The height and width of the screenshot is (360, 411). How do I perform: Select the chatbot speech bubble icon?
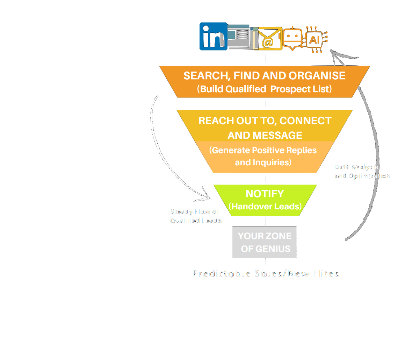pos(292,37)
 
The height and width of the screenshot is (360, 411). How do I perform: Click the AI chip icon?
pos(316,40)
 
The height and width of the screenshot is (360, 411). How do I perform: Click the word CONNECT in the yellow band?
pos(305,121)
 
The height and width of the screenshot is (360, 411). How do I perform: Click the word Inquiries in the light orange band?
pos(271,162)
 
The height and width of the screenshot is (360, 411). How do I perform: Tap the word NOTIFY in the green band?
pos(265,194)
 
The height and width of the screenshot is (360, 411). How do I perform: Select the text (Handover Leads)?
pos(265,206)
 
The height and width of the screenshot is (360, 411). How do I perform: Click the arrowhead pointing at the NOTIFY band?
pos(208,196)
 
